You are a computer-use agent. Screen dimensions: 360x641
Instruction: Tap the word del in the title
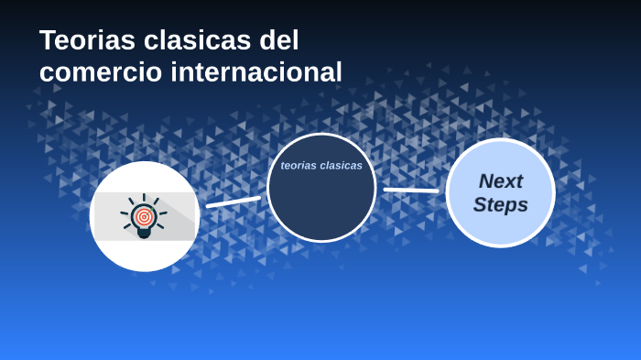pos(279,40)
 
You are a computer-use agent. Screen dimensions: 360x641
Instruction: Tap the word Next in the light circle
pos(500,180)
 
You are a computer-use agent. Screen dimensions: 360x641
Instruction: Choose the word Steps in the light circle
pos(500,204)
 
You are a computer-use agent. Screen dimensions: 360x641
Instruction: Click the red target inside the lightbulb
pos(144,217)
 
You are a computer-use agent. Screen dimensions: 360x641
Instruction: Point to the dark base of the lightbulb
pos(144,234)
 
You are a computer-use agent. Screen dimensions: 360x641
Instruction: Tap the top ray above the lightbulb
pos(144,197)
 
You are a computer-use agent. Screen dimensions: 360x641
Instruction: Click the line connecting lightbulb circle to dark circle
pos(234,202)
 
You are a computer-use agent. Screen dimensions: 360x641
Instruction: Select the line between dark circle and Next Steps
pos(411,191)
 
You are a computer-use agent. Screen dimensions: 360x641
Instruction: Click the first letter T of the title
pos(48,40)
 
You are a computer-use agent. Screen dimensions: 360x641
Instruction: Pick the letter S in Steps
pos(480,204)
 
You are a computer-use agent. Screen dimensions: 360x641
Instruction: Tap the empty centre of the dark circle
pos(321,202)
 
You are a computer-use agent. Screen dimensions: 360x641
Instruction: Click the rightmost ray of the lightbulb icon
pos(163,213)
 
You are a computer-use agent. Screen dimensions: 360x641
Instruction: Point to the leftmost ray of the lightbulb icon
pos(125,213)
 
